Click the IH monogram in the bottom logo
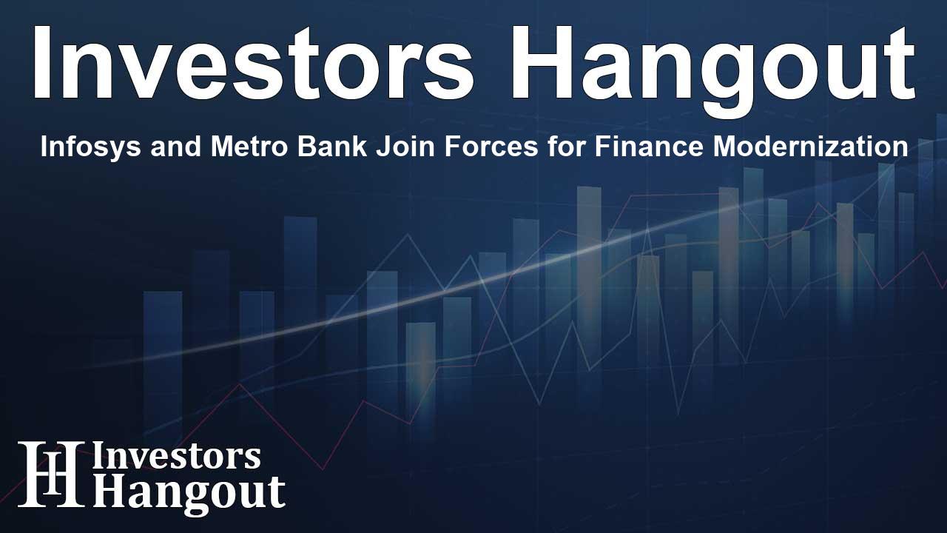tap(50, 475)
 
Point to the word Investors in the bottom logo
tap(176, 457)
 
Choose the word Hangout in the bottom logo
tap(189, 492)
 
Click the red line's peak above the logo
tap(239, 384)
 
